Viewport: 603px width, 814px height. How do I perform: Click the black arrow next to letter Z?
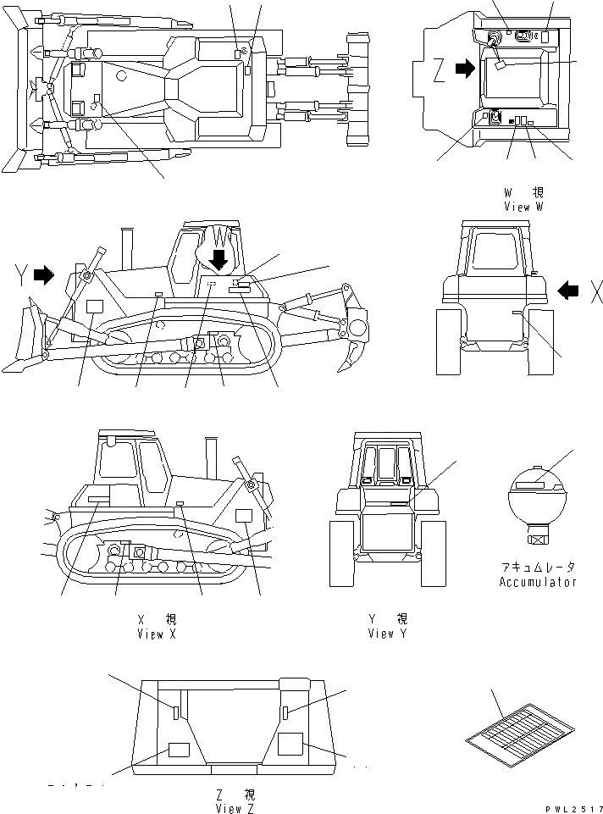pyautogui.click(x=465, y=70)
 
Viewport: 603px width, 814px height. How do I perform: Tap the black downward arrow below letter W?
pyautogui.click(x=219, y=257)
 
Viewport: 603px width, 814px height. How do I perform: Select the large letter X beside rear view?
pyautogui.click(x=596, y=292)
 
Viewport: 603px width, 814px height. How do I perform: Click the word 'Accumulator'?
pyautogui.click(x=537, y=582)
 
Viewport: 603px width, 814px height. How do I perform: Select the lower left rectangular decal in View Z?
pyautogui.click(x=179, y=750)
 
